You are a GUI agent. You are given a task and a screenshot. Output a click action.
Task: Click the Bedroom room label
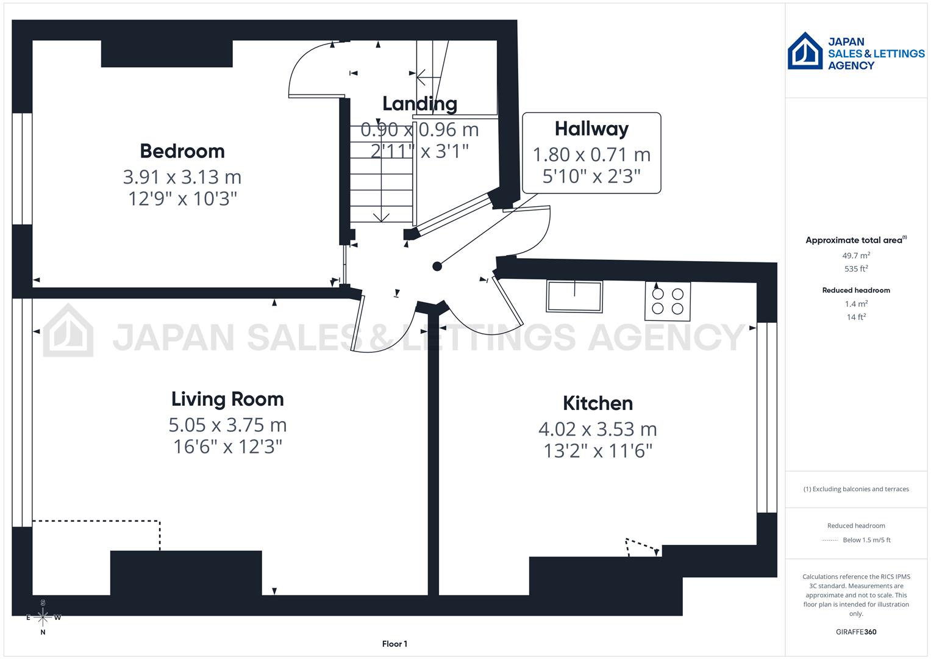(182, 151)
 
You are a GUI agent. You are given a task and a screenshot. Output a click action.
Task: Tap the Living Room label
(227, 399)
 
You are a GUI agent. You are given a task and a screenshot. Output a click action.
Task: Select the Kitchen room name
(597, 403)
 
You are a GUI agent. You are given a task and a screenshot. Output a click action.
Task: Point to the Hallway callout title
(591, 129)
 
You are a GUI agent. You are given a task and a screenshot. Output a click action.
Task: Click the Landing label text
(419, 104)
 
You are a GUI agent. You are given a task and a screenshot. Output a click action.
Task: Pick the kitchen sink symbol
(574, 296)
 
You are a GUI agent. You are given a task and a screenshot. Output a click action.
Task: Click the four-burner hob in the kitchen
(668, 301)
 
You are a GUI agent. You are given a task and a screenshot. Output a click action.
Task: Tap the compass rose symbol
(43, 617)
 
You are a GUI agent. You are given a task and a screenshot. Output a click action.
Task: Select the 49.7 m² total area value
(856, 256)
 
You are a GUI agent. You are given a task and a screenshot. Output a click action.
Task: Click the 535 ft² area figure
(856, 268)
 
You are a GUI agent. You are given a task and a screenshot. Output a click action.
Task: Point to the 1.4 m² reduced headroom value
(856, 303)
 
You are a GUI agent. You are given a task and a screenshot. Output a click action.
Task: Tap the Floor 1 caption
(394, 644)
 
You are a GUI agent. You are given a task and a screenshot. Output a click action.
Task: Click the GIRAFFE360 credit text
(856, 632)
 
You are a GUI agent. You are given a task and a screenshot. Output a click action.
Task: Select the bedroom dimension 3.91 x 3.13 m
(182, 177)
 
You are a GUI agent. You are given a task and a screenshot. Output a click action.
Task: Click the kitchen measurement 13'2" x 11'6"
(597, 451)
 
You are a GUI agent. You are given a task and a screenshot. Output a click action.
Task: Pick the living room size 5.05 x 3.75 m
(227, 425)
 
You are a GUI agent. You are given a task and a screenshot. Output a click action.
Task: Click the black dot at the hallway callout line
(437, 266)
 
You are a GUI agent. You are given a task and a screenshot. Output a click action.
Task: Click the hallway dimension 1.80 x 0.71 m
(591, 154)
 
